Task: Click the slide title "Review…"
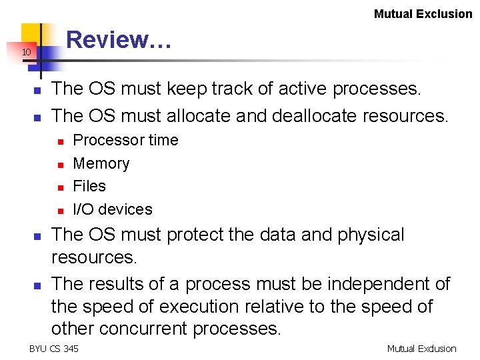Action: point(119,40)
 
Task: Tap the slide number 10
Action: point(25,53)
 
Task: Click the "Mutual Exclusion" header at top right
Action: point(423,13)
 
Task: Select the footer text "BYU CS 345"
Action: point(53,348)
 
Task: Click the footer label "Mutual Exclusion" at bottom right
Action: point(421,348)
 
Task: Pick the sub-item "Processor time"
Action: point(125,140)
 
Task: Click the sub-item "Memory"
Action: point(101,163)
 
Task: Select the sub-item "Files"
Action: point(89,186)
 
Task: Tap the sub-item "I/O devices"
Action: point(112,209)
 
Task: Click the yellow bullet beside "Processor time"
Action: point(60,141)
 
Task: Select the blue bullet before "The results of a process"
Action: point(37,285)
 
